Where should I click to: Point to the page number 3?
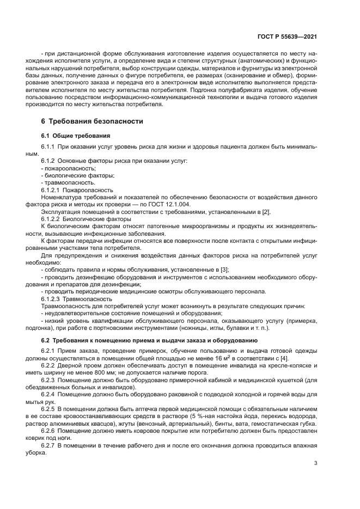pyautogui.click(x=316, y=463)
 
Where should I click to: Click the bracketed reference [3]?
pyautogui.click(x=224, y=269)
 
